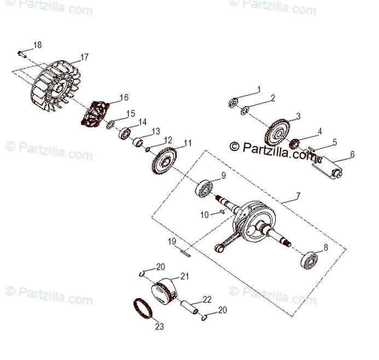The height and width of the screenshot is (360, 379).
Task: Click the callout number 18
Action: (37, 45)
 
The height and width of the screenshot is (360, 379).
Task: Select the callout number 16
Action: (124, 97)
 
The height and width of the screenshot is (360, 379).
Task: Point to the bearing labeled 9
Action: (206, 187)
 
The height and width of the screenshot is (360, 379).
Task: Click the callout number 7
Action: (298, 195)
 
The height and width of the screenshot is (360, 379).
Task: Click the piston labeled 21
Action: (165, 289)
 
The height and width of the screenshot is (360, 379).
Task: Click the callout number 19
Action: (171, 241)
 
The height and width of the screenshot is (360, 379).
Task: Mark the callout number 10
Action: (205, 215)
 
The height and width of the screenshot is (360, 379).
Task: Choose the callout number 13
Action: (156, 131)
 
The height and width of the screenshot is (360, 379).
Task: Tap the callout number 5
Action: (335, 142)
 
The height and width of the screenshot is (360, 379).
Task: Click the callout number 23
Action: (159, 327)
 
